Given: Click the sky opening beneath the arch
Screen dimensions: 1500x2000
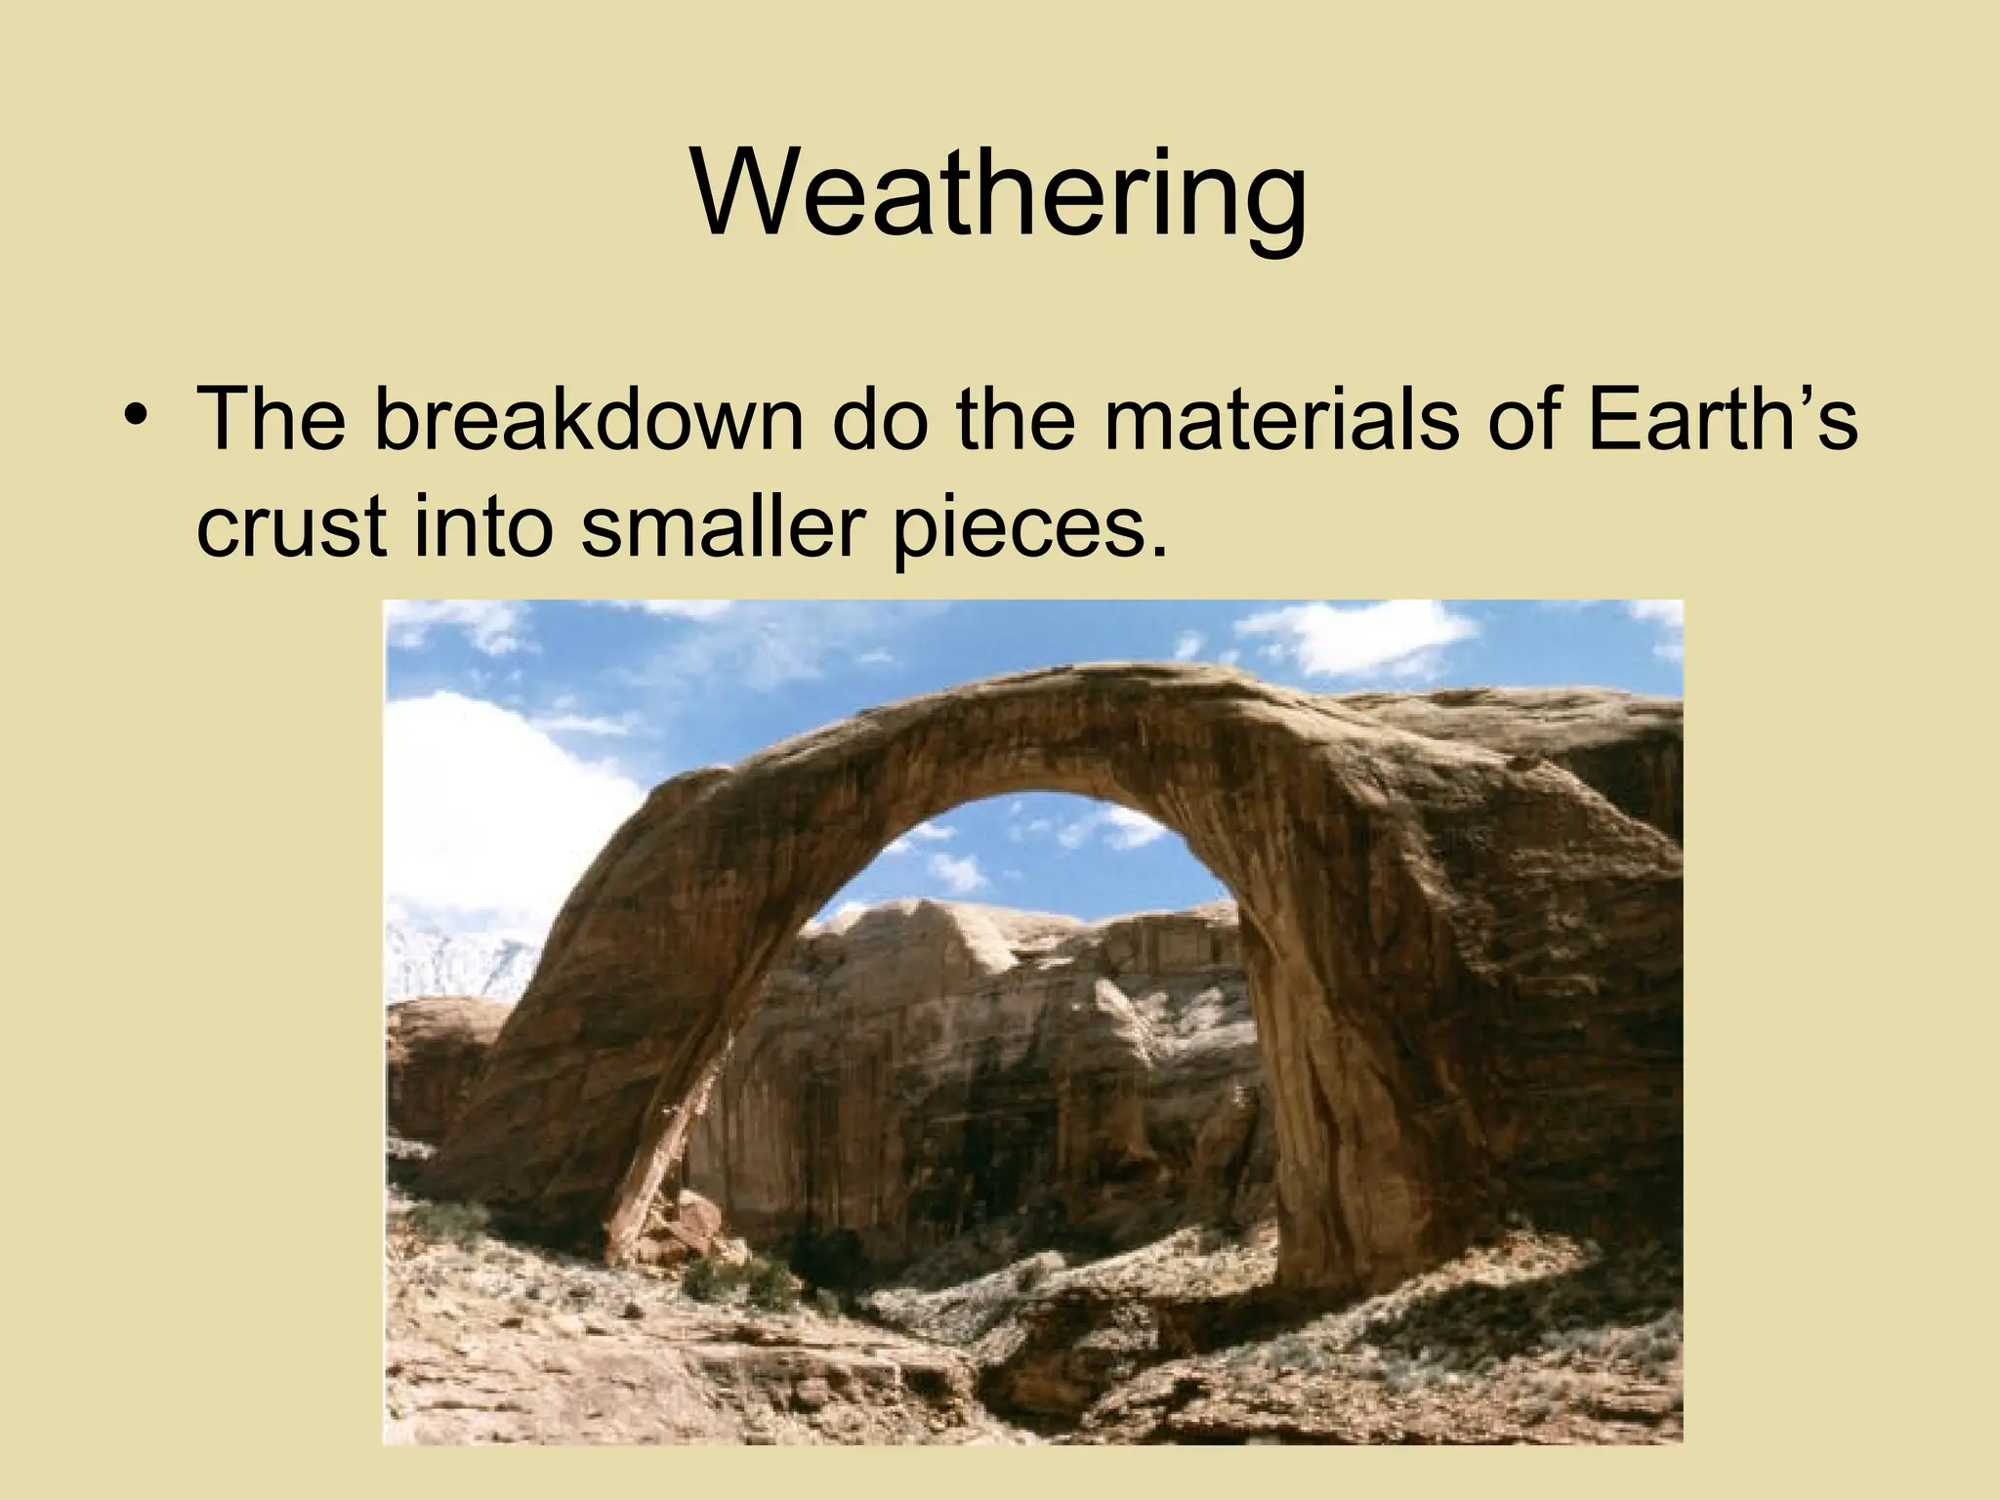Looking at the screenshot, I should click(x=1016, y=859).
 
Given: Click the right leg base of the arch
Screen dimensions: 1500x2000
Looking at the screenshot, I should click(x=1367, y=1260).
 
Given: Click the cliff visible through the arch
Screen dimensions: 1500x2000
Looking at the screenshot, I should click(x=977, y=1055).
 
